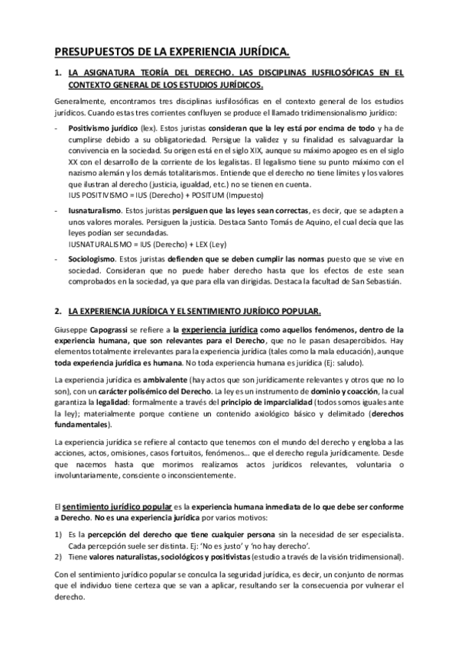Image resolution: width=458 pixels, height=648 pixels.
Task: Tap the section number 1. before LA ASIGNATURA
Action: [x=58, y=74]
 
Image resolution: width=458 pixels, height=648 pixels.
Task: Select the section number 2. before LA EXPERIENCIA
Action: [x=58, y=312]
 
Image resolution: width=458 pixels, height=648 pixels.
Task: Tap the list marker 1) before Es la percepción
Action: [x=58, y=536]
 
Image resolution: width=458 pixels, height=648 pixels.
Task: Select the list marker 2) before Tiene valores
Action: [x=58, y=558]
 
